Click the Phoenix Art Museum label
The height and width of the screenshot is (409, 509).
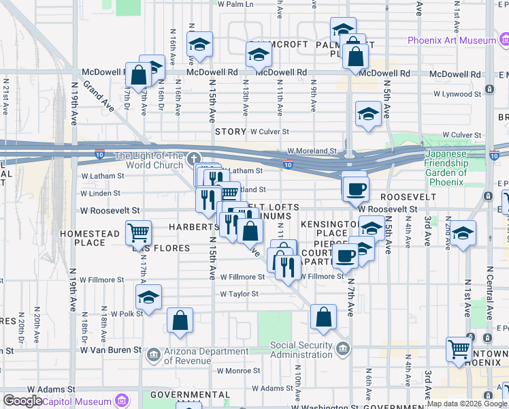(451, 40)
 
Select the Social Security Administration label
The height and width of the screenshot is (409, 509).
(302, 349)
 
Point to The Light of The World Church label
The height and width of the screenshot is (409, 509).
(148, 160)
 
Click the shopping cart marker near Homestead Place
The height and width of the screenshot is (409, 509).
(138, 233)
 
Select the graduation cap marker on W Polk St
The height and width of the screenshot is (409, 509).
(148, 297)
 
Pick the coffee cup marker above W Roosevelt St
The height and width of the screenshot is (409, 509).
(355, 187)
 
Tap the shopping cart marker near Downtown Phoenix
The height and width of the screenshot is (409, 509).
(459, 349)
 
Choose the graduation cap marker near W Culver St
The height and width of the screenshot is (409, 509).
(368, 114)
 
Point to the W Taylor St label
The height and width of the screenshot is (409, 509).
(239, 294)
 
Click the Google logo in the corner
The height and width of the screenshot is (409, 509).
(22, 401)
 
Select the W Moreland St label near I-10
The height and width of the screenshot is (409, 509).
(312, 151)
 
